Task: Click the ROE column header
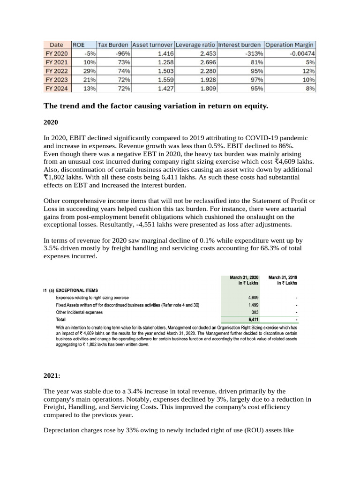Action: [78, 45]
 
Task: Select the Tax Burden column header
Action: [114, 45]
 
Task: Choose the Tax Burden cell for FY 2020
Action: [123, 53]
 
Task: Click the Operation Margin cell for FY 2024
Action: [310, 88]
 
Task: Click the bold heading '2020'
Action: [51, 122]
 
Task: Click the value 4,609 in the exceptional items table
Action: [253, 298]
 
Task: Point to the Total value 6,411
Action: [253, 319]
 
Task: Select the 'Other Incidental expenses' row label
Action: [79, 312]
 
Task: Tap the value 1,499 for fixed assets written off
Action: [253, 305]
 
